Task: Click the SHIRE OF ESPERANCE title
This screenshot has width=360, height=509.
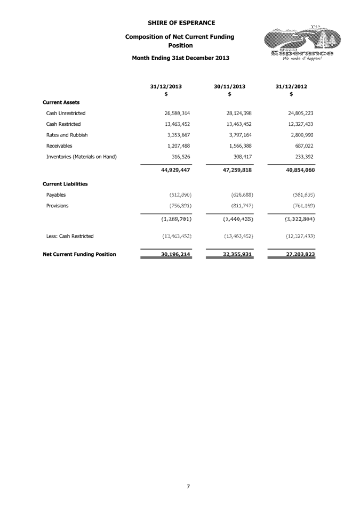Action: (181, 22)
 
